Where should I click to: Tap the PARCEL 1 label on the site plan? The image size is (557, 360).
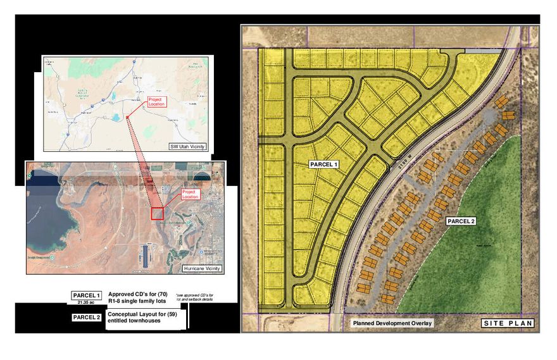coord(324,164)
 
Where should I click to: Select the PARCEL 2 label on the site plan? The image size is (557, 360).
coord(461,221)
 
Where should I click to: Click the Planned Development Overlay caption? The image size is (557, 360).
coord(392,324)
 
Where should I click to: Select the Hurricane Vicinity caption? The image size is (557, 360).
coord(202,269)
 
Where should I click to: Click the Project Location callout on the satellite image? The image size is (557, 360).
coord(190,194)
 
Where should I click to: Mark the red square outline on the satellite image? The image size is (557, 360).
coord(158,213)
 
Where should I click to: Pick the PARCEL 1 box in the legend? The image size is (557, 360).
coord(86,295)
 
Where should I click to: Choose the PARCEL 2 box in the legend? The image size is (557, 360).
coord(86,317)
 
